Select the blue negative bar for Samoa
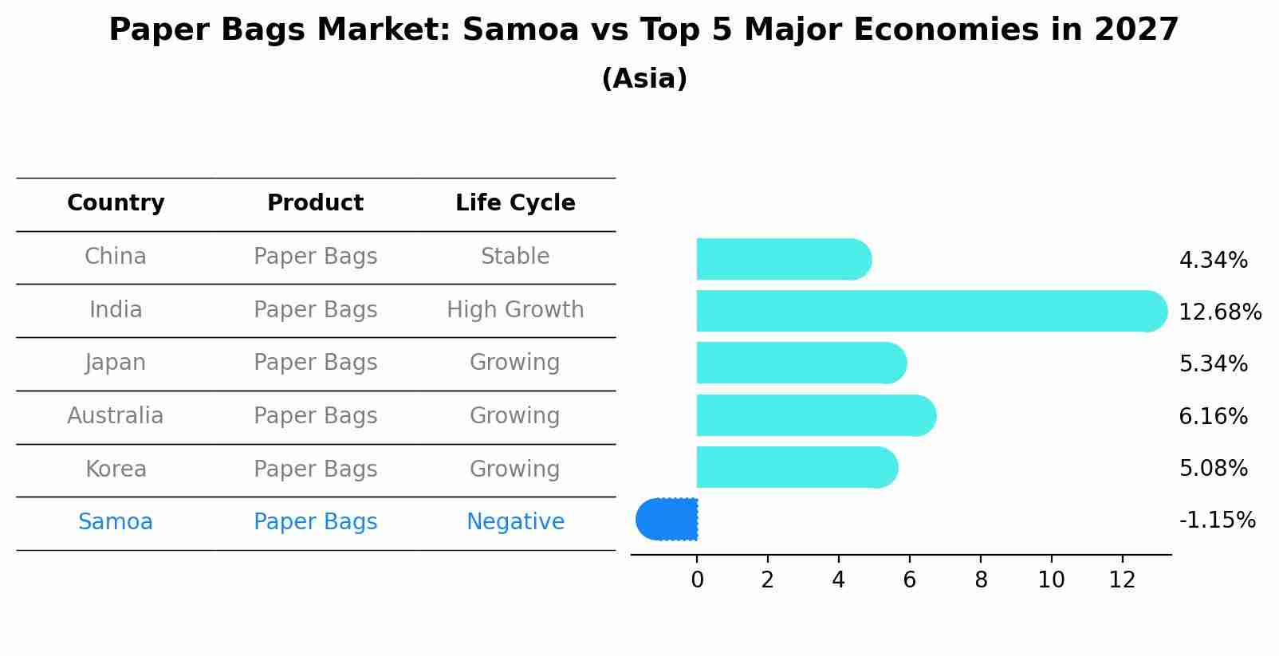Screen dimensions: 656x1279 [667, 520]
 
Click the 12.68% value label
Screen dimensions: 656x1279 [1219, 312]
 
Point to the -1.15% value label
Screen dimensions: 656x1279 [1217, 520]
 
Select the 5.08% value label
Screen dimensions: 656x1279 [1213, 468]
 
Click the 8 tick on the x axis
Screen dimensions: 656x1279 [981, 580]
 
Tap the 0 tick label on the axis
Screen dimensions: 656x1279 [697, 580]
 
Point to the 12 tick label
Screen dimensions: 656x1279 [1122, 580]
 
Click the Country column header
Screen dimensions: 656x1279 [116, 203]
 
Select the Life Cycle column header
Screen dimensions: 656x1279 [515, 203]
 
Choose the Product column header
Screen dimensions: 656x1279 [315, 203]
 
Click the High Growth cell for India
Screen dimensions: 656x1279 [515, 309]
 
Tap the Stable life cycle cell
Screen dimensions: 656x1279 [515, 257]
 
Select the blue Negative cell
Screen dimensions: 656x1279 [515, 522]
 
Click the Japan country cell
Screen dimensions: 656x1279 [116, 363]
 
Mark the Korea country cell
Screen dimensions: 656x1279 [116, 469]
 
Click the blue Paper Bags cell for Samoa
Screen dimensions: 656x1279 [315, 522]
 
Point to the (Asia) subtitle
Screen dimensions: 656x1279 [644, 79]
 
